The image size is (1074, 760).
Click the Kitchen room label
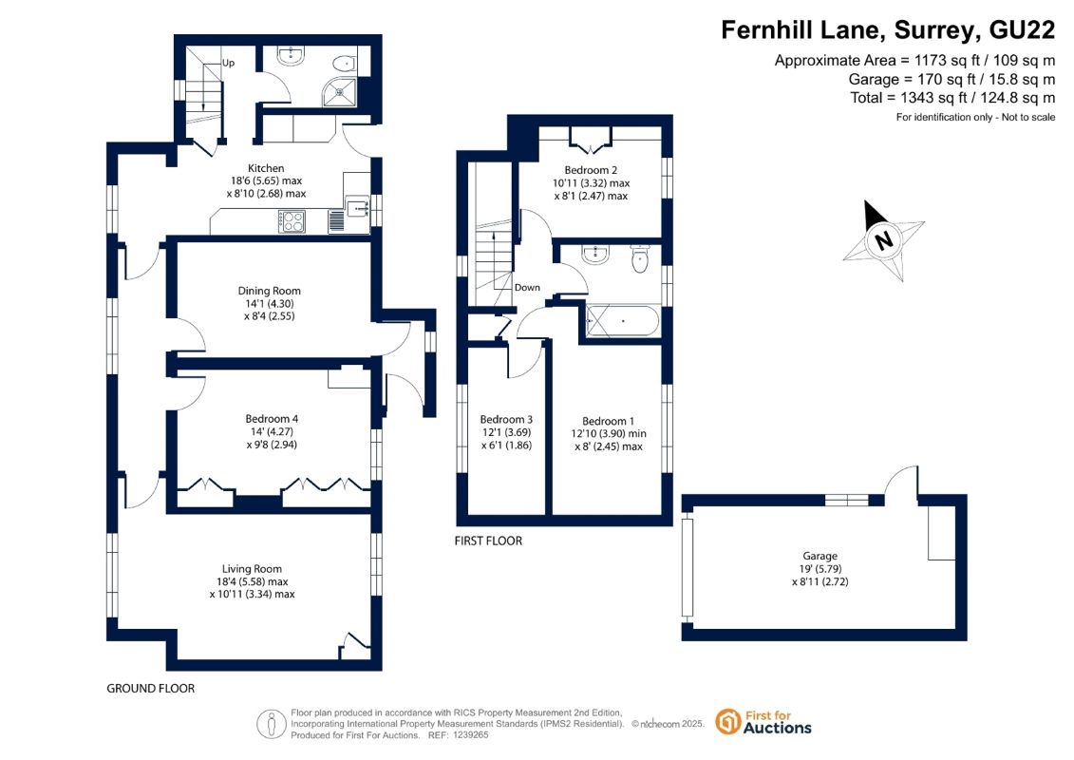point(266,168)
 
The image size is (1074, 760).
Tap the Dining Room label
point(269,291)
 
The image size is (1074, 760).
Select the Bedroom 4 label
point(272,419)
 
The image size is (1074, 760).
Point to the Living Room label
point(252,569)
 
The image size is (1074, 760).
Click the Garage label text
point(820,557)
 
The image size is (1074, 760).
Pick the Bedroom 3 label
point(506,419)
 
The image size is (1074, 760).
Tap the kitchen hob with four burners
point(292,221)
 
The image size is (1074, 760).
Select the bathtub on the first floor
point(623,320)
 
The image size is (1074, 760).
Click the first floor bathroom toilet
point(640,259)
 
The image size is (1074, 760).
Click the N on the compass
point(883,241)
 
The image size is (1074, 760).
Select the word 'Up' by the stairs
point(228,63)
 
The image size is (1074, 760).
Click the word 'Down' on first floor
point(527,288)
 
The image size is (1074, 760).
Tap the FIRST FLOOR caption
point(488,541)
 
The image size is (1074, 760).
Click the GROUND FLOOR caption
point(151,689)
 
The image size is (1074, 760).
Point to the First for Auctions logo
point(763,722)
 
